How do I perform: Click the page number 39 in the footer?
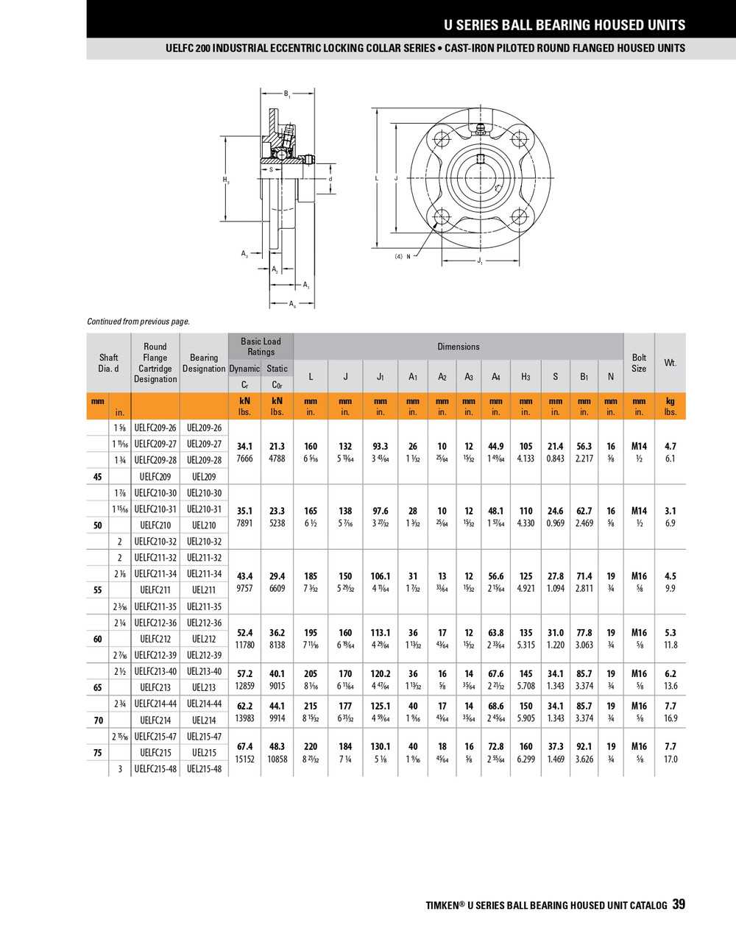(678, 904)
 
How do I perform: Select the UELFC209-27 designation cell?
(155, 444)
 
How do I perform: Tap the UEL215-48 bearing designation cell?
(204, 769)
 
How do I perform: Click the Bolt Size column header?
(639, 363)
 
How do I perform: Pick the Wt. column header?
(670, 363)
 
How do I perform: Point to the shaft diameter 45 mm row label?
(98, 477)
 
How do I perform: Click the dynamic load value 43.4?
(244, 576)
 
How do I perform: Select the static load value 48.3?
(277, 746)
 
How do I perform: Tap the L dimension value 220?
(311, 746)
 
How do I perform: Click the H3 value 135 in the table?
(526, 633)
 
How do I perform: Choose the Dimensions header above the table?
(458, 347)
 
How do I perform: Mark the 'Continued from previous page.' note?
(138, 322)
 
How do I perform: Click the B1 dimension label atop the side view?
(287, 94)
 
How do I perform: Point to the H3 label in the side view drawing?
(226, 180)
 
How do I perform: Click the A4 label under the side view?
(292, 303)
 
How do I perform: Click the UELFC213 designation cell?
(155, 687)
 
